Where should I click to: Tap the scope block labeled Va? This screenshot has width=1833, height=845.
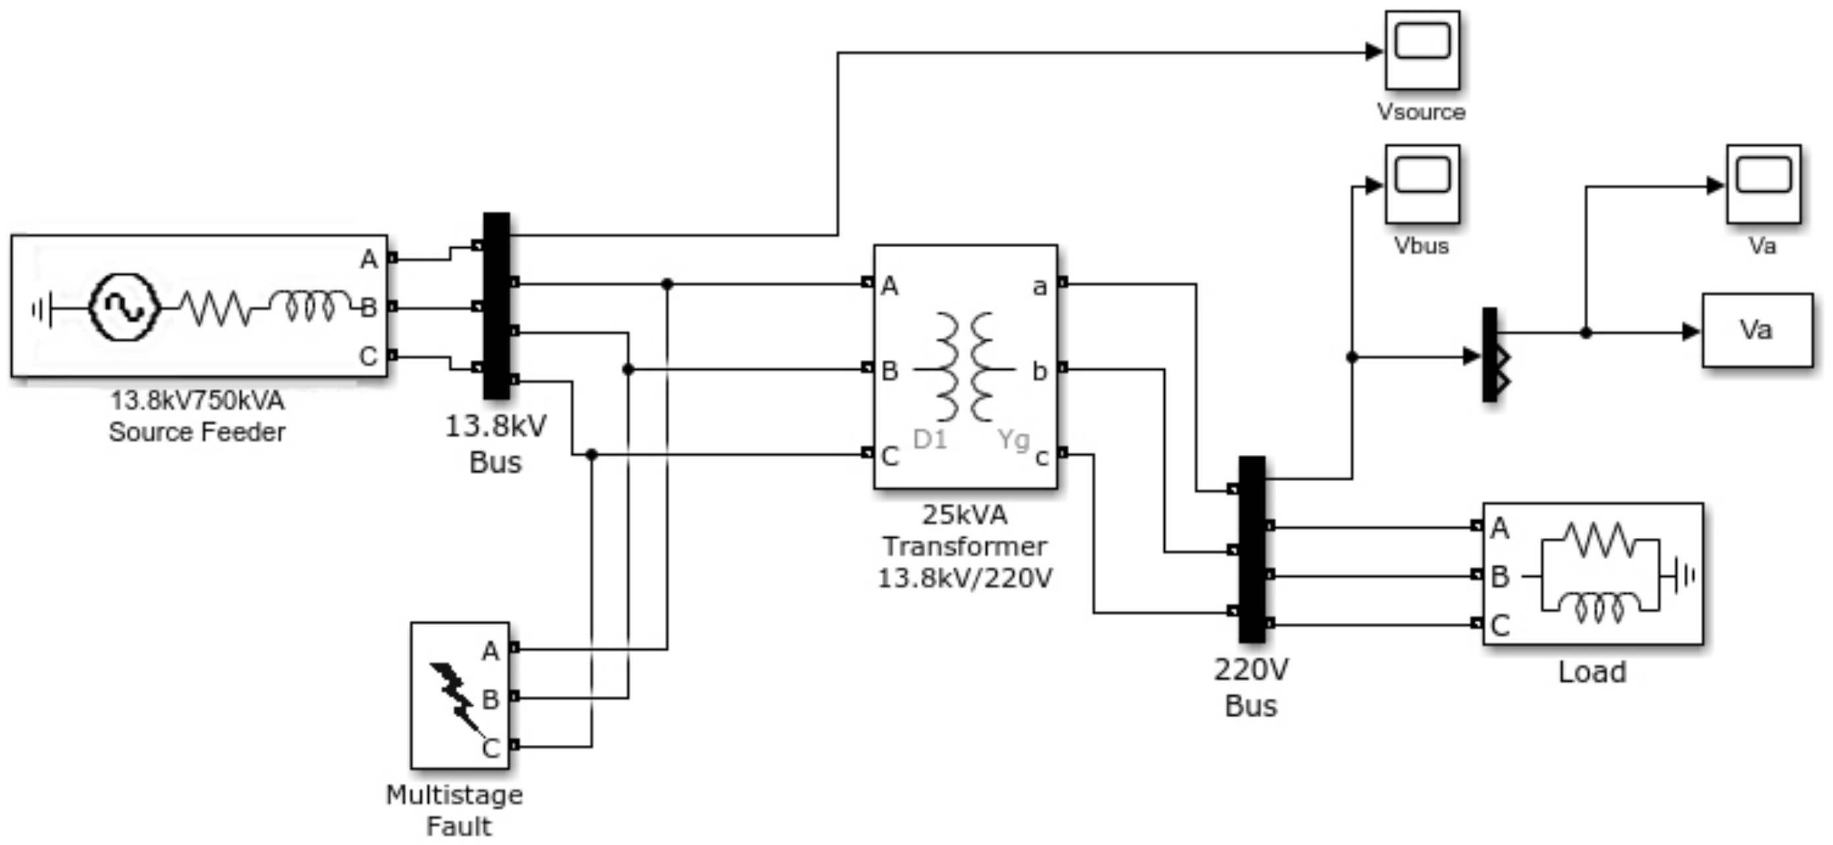pyautogui.click(x=1763, y=183)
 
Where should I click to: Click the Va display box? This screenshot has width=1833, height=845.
pyautogui.click(x=1757, y=331)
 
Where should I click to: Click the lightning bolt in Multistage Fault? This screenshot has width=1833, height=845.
pyautogui.click(x=455, y=697)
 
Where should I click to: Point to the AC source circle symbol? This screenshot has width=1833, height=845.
pyautogui.click(x=124, y=307)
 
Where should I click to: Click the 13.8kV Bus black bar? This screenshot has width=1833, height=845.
pyautogui.click(x=496, y=306)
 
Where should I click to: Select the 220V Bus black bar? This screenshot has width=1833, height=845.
pyautogui.click(x=1252, y=549)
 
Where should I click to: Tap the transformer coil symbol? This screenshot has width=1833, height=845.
pyautogui.click(x=964, y=367)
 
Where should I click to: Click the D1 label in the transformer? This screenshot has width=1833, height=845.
pyautogui.click(x=929, y=440)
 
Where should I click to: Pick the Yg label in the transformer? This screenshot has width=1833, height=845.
pyautogui.click(x=1013, y=439)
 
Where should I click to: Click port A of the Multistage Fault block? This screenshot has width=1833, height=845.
pyautogui.click(x=514, y=648)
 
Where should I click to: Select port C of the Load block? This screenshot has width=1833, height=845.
pyautogui.click(x=1477, y=624)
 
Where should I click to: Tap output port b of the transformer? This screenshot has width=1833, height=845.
pyautogui.click(x=1063, y=368)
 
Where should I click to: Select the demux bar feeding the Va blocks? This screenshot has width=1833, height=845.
pyautogui.click(x=1489, y=354)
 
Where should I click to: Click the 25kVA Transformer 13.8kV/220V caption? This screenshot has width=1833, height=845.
pyautogui.click(x=964, y=546)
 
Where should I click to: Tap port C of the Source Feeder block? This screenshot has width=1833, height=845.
pyautogui.click(x=392, y=356)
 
